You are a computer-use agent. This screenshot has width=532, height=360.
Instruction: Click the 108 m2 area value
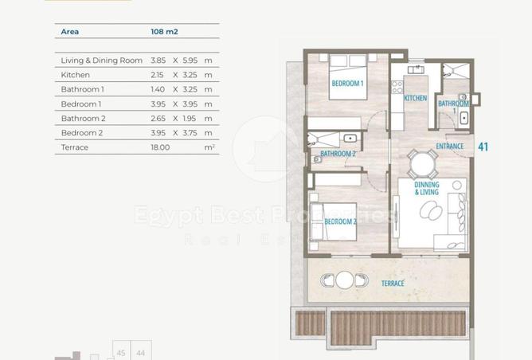(x=164, y=32)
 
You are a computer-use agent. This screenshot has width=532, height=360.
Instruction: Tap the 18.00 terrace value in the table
(x=160, y=147)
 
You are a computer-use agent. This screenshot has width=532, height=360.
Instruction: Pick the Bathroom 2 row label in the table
(x=83, y=119)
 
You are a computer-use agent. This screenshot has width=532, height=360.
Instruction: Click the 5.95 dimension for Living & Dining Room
(x=190, y=61)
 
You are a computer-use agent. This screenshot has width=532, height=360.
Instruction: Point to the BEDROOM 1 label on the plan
(x=347, y=83)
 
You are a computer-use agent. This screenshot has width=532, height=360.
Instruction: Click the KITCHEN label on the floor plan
(x=415, y=98)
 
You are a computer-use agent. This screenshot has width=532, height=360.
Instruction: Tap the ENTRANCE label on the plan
(x=449, y=147)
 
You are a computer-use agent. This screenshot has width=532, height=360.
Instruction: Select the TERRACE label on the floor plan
(x=393, y=284)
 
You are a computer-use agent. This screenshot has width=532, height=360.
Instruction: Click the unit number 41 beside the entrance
(x=483, y=147)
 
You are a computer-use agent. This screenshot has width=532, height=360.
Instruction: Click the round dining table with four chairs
(x=422, y=165)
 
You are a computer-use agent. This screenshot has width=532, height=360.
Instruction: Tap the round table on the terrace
(x=344, y=280)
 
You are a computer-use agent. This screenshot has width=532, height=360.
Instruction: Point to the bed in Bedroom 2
(x=333, y=221)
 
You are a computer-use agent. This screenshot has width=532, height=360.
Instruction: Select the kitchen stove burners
(x=397, y=87)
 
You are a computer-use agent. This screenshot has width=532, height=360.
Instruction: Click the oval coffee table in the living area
(x=431, y=210)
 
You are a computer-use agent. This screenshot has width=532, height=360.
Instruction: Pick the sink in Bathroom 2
(x=350, y=138)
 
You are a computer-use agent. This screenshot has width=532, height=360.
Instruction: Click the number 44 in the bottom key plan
(x=140, y=353)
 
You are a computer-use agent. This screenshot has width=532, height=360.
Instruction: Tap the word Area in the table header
(x=70, y=32)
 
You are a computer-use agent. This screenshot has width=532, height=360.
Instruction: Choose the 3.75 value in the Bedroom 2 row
(x=190, y=133)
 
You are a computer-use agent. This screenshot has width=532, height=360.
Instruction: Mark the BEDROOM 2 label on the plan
(x=340, y=221)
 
